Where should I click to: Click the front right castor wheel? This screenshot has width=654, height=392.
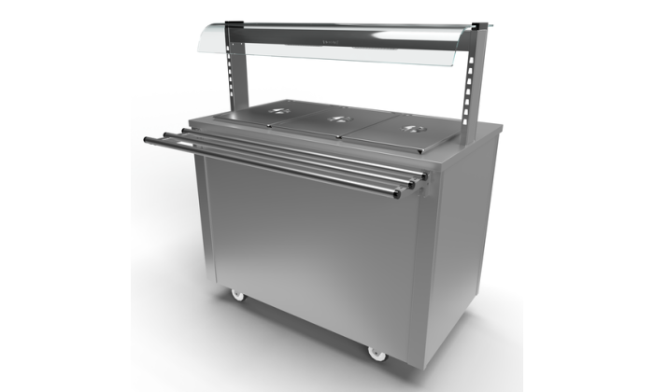point(377,353)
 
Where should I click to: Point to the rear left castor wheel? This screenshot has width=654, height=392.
point(236,295)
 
